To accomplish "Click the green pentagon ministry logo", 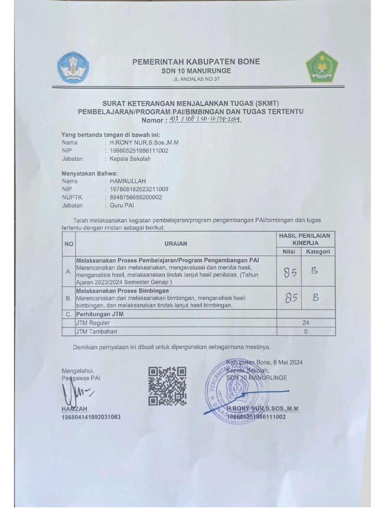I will click(321, 67).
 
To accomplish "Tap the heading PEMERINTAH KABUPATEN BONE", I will click(196, 61).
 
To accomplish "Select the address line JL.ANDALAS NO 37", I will click(196, 79).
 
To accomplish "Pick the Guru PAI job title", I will click(122, 205).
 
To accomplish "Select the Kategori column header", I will click(318, 251).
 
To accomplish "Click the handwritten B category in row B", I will click(315, 297).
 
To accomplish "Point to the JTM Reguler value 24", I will click(305, 322).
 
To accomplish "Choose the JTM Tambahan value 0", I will click(305, 331).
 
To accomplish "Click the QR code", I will click(167, 385).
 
